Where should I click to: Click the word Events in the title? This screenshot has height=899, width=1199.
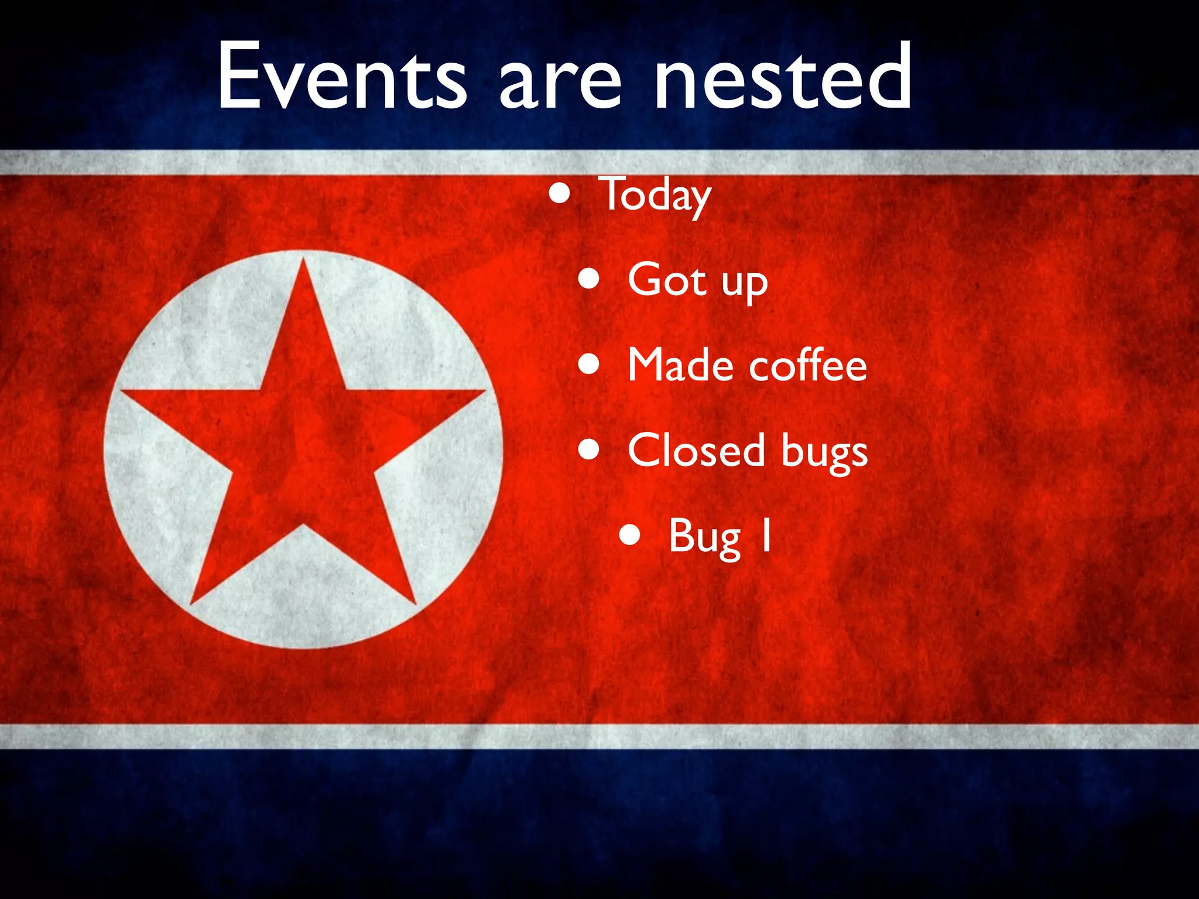342,76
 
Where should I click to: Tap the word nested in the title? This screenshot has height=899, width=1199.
782,76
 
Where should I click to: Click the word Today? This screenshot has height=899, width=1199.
655,195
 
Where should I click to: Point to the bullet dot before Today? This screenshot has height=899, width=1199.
560,193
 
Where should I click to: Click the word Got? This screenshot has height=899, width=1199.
667,279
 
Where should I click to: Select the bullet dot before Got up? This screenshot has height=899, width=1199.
589,279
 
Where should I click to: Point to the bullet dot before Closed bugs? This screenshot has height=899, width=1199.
589,450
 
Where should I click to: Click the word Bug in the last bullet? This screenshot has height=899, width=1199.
705,537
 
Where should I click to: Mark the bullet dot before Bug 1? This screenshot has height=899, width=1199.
630,535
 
